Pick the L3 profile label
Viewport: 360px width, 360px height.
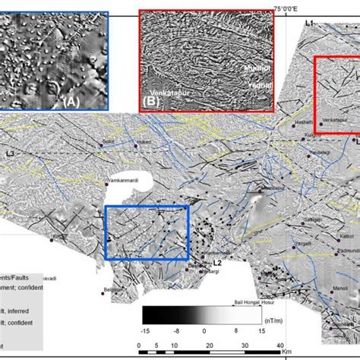9,154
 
